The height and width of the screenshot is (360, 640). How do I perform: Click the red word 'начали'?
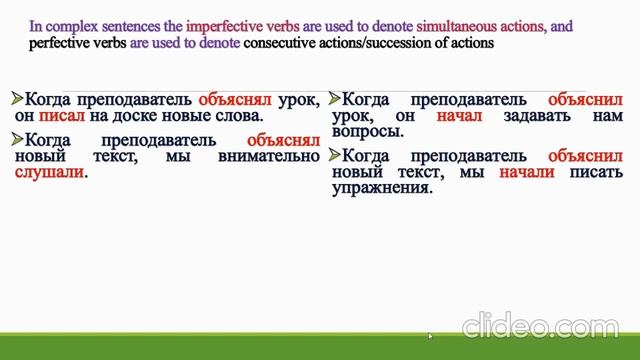(519, 173)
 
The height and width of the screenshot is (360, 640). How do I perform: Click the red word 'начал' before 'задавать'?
(460, 116)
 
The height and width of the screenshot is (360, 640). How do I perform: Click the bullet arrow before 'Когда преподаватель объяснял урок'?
(16, 99)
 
